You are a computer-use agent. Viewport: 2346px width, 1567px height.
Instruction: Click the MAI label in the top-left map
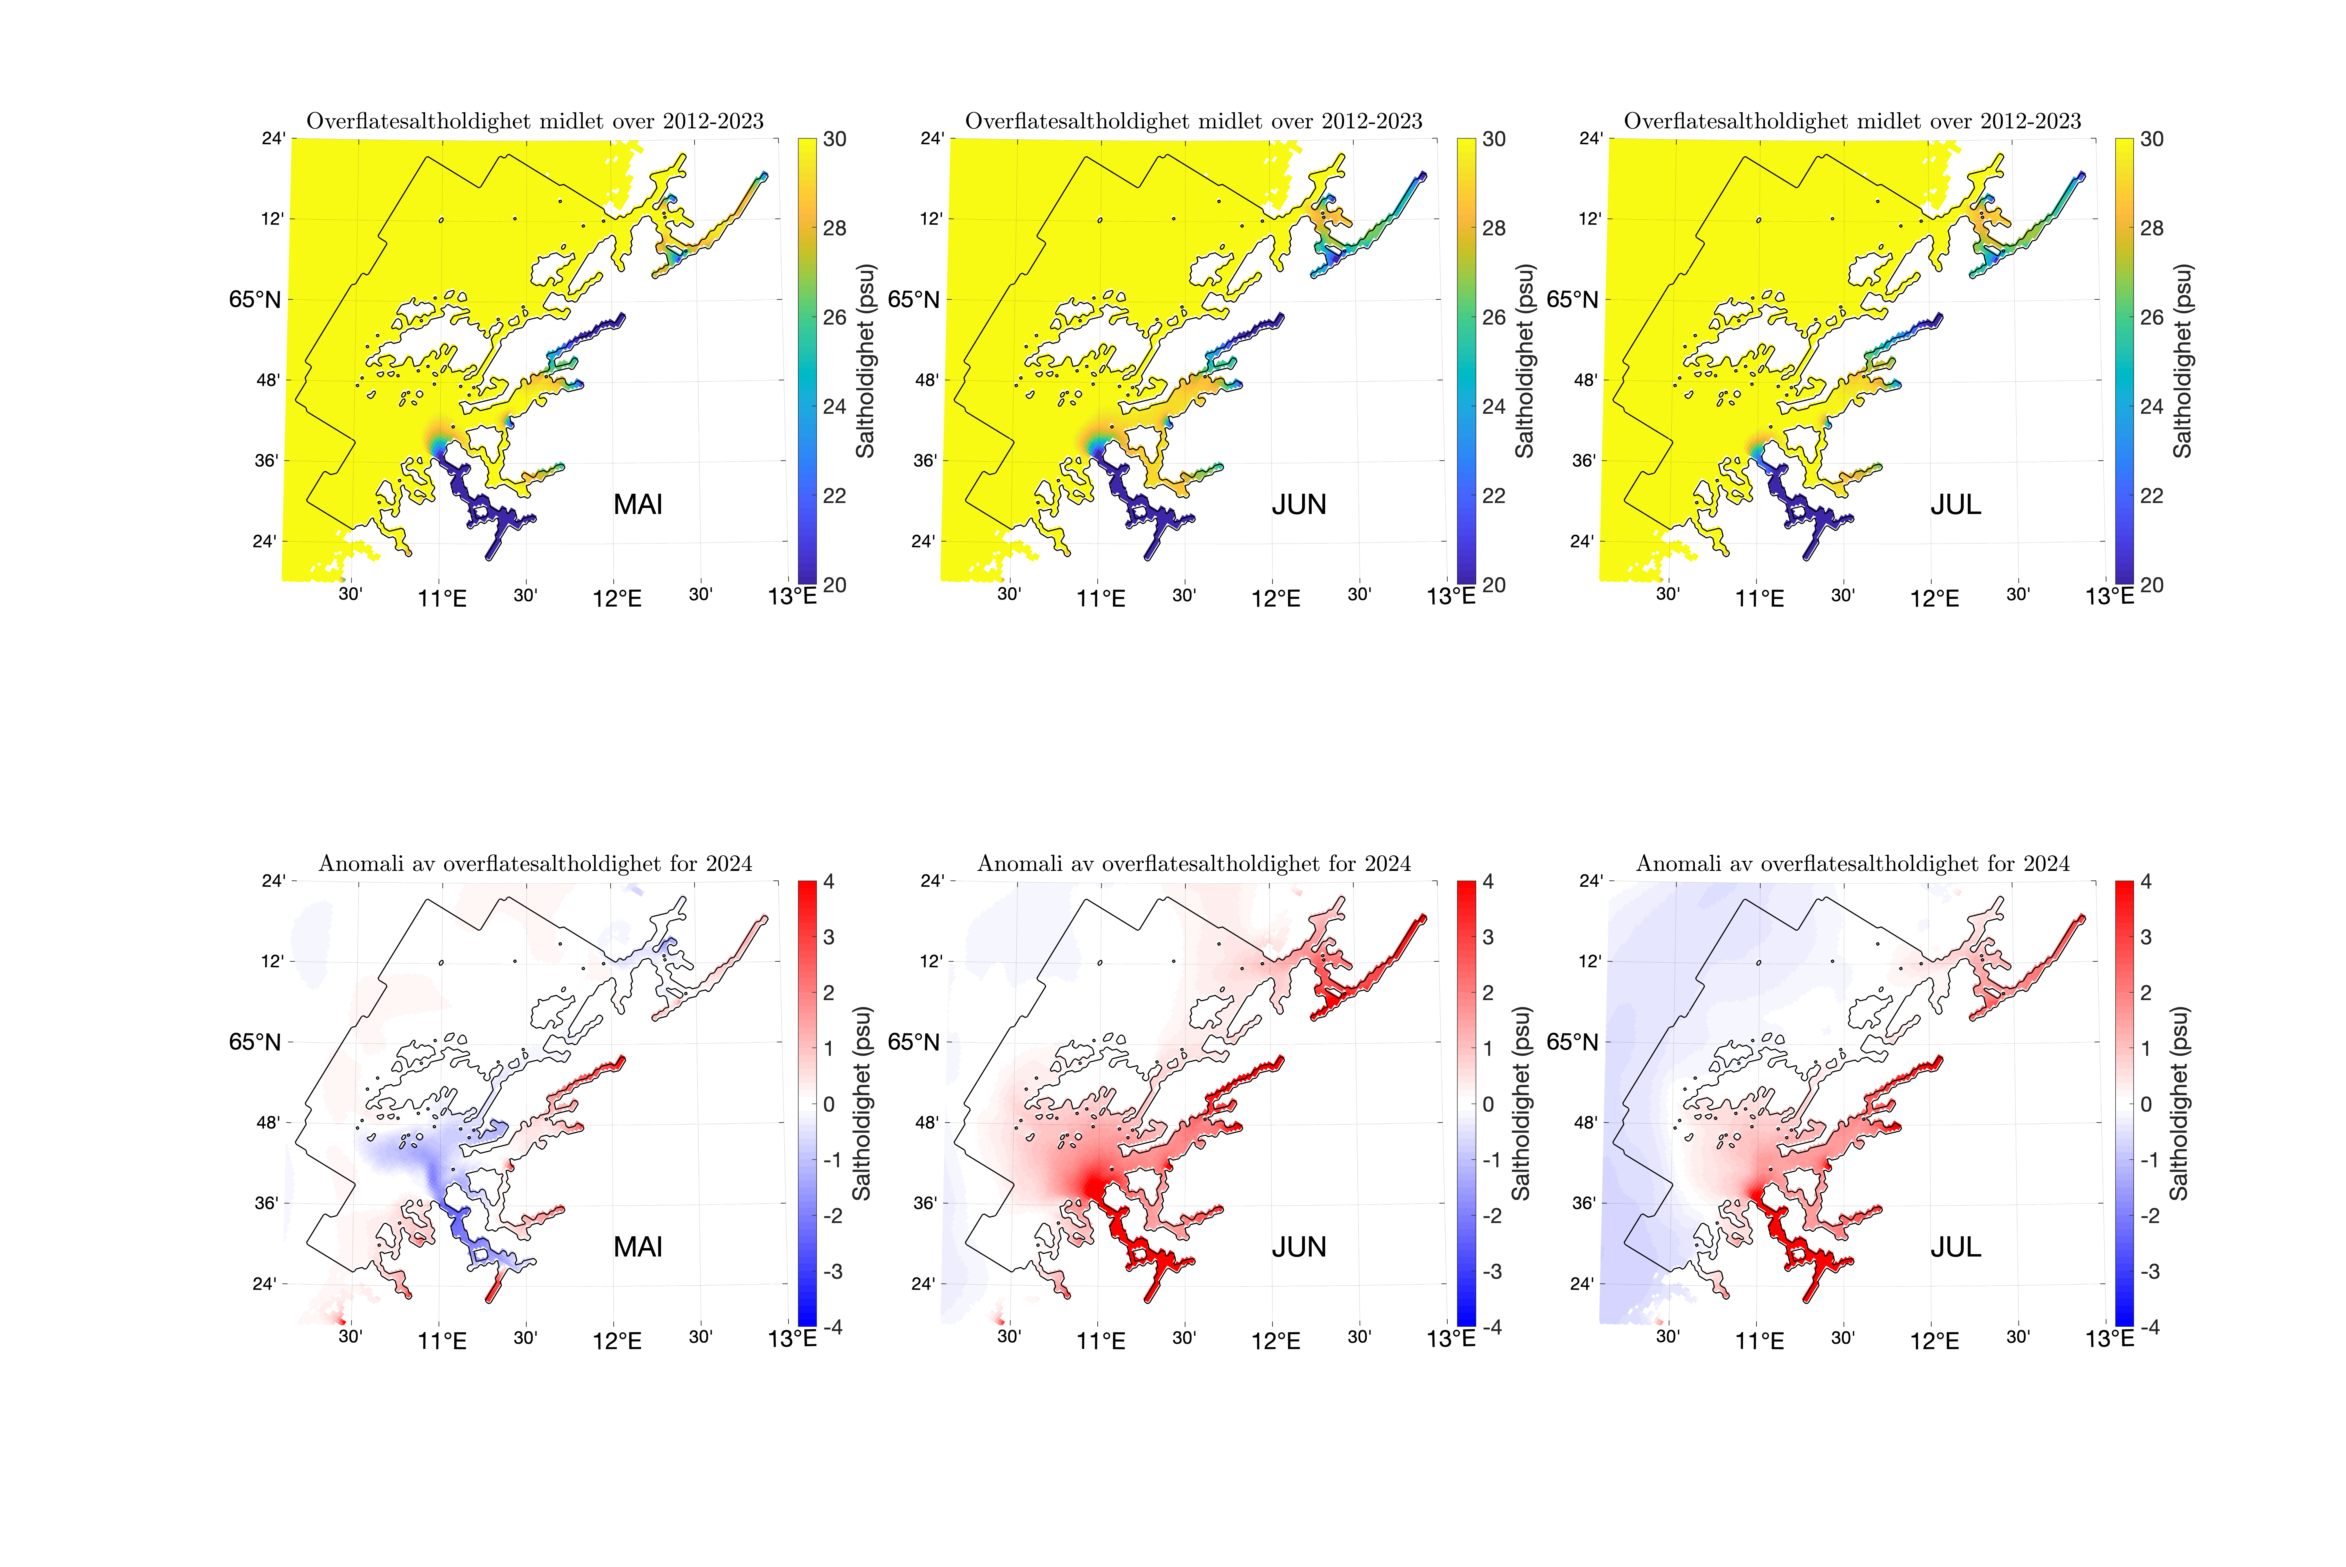[x=638, y=505]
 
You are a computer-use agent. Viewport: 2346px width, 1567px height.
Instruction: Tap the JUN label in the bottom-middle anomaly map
[x=1298, y=1247]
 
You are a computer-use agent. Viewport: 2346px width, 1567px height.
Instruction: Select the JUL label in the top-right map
[x=1955, y=505]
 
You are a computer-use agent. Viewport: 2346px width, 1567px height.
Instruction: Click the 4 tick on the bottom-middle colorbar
[x=1488, y=882]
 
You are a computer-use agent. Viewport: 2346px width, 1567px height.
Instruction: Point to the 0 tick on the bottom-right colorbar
[x=2146, y=1104]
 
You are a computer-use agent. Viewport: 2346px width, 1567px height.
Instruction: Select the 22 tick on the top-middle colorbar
[x=1493, y=496]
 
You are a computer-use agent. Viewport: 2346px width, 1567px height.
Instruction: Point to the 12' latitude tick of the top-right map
[x=1589, y=219]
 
